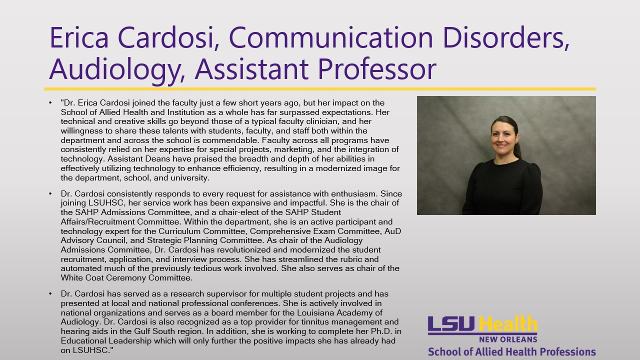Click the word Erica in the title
[x=79, y=38]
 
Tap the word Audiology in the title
[x=115, y=69]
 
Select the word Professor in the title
[x=377, y=69]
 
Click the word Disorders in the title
[x=505, y=38]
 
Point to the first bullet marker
[x=50, y=102]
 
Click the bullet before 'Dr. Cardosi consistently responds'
[x=50, y=193]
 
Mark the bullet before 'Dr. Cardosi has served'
[x=50, y=293]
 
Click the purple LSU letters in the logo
[x=451, y=324]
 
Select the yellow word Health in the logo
[x=507, y=323]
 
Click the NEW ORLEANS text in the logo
[x=508, y=339]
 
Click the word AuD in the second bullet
[x=392, y=231]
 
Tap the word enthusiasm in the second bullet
[x=354, y=193]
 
